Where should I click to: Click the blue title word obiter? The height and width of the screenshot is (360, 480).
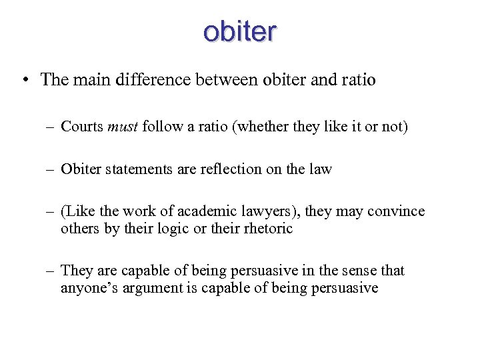point(240,31)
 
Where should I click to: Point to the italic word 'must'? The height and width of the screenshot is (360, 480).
point(123,127)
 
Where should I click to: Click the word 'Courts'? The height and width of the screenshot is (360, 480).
point(82,127)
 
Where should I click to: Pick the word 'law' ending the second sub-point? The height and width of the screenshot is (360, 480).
point(321,169)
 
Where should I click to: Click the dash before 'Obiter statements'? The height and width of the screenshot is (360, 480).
point(51,169)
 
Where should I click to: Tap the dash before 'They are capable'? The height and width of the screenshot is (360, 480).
point(51,271)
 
